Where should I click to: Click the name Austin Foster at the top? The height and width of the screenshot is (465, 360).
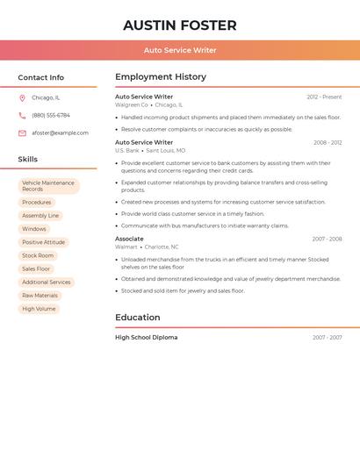[x=180, y=25]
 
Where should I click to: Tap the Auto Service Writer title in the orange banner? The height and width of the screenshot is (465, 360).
[x=180, y=50]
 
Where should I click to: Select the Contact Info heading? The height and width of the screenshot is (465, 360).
[x=40, y=77]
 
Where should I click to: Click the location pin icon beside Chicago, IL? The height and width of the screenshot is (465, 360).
[x=22, y=98]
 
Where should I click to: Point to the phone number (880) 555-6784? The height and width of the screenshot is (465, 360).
[x=51, y=115]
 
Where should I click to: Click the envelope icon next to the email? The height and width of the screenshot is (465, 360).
[x=22, y=133]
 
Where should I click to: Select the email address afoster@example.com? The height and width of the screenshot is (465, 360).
[x=60, y=133]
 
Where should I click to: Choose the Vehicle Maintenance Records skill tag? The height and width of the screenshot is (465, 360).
[x=48, y=186]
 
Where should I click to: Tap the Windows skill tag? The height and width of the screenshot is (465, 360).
[x=34, y=229]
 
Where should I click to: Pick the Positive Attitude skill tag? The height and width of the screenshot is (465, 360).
[x=43, y=242]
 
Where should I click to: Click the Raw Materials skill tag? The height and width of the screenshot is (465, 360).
[x=40, y=296]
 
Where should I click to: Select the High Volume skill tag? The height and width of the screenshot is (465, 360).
[x=39, y=309]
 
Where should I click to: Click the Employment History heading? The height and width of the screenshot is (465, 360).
[x=161, y=77]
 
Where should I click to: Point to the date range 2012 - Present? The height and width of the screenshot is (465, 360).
[x=324, y=97]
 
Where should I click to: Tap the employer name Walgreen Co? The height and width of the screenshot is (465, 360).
[x=132, y=105]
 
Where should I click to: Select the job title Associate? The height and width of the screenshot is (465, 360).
[x=129, y=239]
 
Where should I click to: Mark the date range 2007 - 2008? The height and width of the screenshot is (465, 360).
[x=327, y=240]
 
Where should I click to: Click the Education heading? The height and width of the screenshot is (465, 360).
[x=138, y=318]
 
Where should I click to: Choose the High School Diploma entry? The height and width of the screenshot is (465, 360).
[x=146, y=338]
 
